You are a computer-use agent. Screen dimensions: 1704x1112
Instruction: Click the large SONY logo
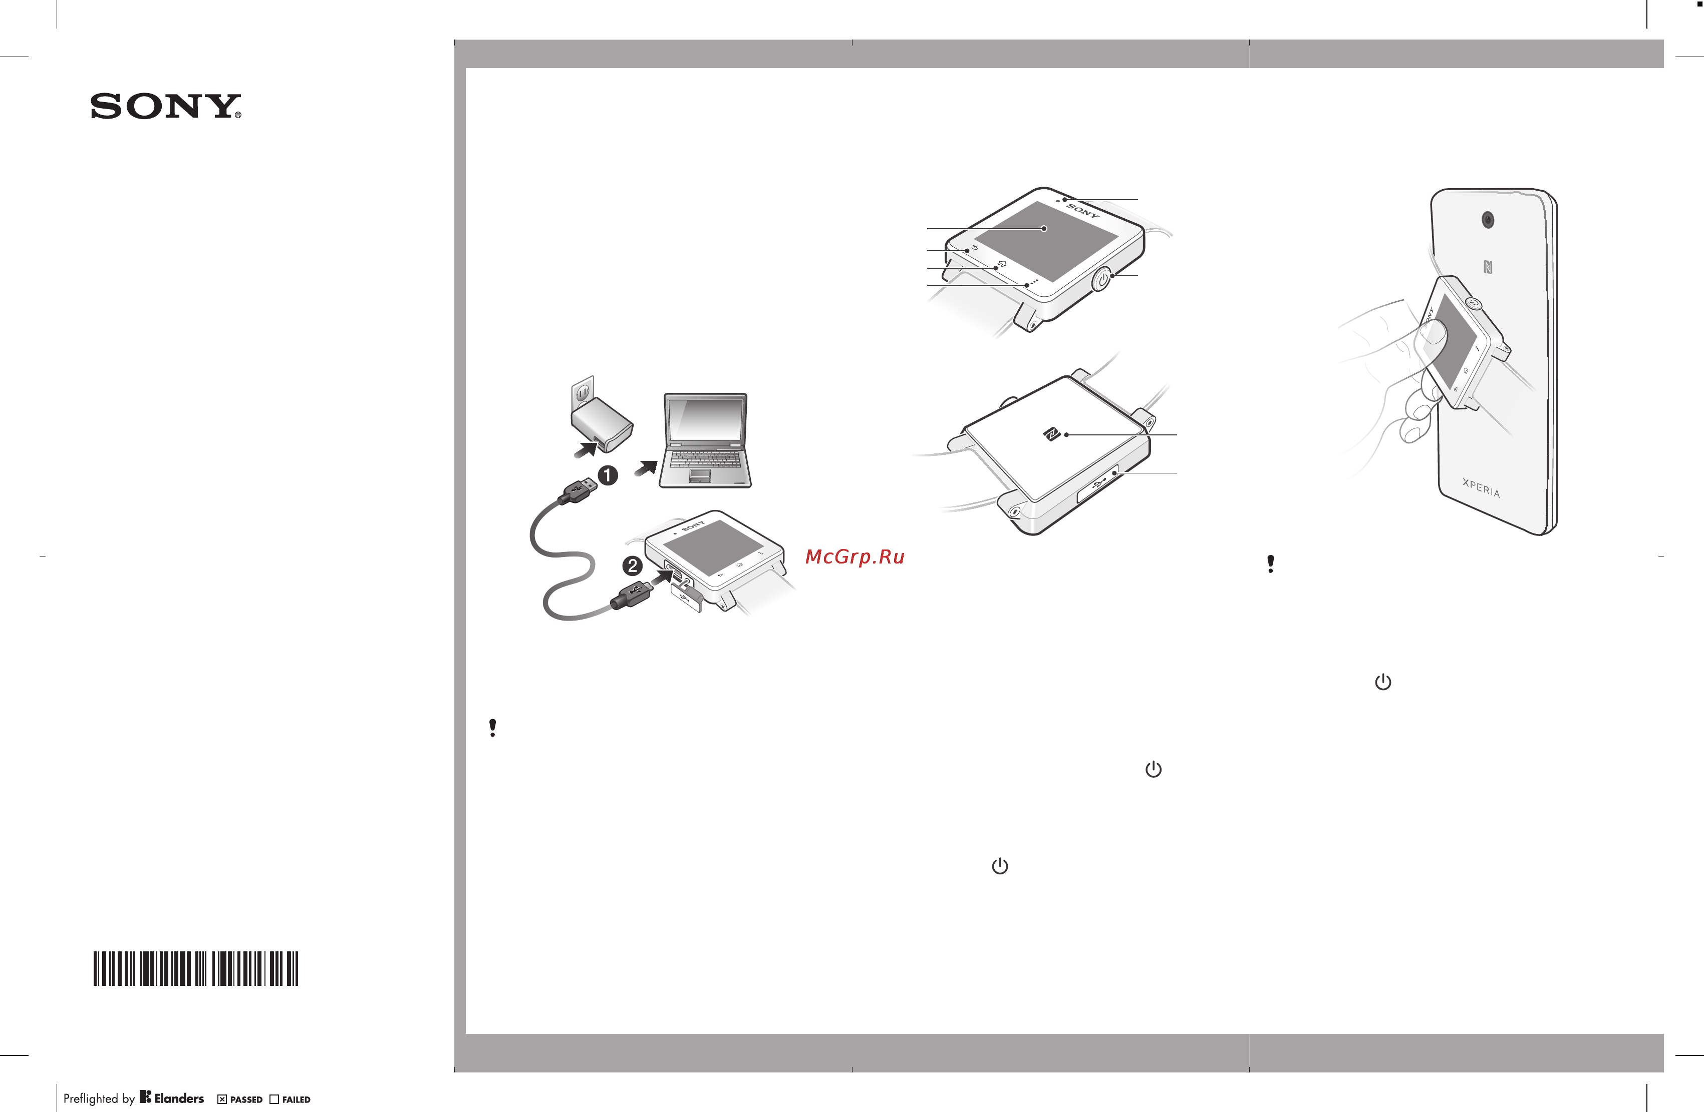pos(165,106)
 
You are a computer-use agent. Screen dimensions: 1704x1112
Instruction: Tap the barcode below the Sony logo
pos(195,968)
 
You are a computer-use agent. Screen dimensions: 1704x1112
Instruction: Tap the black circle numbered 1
pos(608,475)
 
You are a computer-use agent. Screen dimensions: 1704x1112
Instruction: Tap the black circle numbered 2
pos(632,566)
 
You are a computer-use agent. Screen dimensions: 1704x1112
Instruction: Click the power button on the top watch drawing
pos(1102,279)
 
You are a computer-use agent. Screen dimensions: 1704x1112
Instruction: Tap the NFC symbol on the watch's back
pos(1051,433)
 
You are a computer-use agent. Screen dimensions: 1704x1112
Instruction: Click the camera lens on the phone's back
pos(1488,220)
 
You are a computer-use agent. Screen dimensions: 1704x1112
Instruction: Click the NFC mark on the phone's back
pos(1488,267)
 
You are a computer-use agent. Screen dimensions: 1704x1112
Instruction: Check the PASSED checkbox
pos(222,1099)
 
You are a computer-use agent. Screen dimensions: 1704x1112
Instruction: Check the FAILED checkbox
pos(274,1099)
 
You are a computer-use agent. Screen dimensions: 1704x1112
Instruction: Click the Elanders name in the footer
pos(179,1097)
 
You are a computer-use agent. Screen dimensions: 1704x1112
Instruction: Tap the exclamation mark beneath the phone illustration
pos(1270,564)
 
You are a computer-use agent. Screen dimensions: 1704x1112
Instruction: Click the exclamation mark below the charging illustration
pos(492,728)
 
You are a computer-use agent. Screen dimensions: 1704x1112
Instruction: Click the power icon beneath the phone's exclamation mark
pos(1382,682)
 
